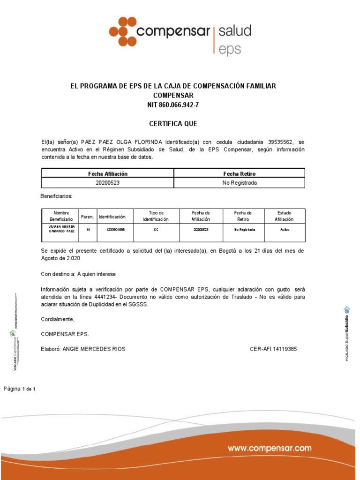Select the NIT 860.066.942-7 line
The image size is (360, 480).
click(173, 105)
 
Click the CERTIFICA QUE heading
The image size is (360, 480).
click(173, 124)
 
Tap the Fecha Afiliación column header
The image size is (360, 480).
click(108, 173)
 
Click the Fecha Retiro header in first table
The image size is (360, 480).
click(239, 173)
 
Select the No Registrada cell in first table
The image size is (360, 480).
click(239, 183)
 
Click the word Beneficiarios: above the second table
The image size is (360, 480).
click(57, 196)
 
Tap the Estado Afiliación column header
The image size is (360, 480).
click(284, 216)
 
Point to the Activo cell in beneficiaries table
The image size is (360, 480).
click(285, 230)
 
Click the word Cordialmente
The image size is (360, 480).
click(58, 319)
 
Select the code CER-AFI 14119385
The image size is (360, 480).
click(274, 349)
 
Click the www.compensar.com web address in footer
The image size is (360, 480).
click(270, 448)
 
